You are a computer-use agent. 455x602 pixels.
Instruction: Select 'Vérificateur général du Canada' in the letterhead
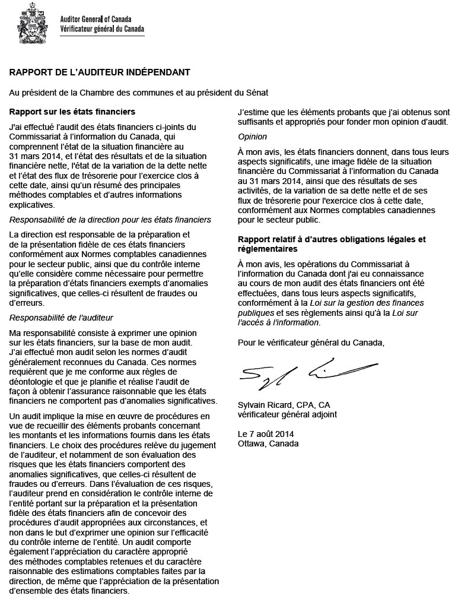[101, 28]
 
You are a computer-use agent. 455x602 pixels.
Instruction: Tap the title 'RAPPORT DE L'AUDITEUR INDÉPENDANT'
[99, 72]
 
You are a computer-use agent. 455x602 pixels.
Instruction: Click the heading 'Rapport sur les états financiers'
[72, 112]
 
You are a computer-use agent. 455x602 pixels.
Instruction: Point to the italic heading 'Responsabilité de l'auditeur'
[61, 318]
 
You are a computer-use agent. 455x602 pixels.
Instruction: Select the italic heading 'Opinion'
[252, 137]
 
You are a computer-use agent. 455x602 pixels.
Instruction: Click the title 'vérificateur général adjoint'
[287, 414]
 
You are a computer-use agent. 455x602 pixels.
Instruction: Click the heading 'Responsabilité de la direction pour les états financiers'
[110, 220]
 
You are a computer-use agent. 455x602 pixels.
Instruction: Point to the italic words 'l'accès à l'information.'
[278, 322]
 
